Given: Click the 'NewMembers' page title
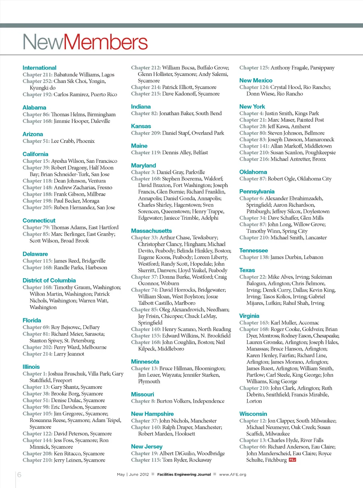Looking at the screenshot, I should point(85,42).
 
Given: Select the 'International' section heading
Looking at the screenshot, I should point(39,68).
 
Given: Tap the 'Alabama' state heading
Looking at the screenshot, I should point(34,107).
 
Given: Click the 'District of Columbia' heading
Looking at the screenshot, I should point(49,280).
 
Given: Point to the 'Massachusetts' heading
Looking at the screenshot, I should point(151,231).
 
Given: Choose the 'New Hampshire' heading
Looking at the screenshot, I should point(152,414).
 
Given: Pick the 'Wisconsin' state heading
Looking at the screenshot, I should point(253,414).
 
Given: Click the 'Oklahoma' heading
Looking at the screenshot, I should point(253,172).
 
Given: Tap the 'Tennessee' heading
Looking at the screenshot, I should point(253,250).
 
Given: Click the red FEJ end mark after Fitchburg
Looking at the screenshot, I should point(292,460).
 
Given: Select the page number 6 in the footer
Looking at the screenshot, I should point(19,475).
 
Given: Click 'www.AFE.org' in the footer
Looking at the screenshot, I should point(233,475).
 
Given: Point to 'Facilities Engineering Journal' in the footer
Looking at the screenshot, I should point(184,475).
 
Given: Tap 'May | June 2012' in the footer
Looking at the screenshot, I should point(133,475).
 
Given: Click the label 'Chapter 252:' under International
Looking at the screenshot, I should point(38,81).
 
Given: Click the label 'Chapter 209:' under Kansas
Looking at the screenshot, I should point(146,133).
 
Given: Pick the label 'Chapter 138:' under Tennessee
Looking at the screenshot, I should point(254,257).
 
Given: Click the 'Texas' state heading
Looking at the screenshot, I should point(247,270).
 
